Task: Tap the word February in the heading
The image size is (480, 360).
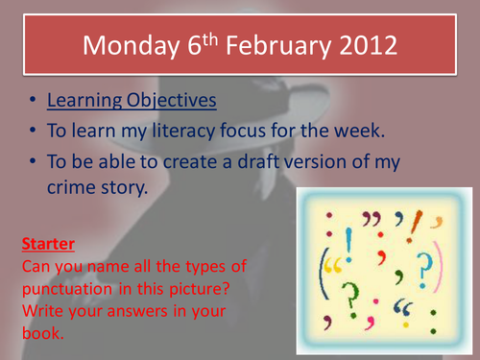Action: tap(279, 46)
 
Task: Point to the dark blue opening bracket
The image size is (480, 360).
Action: tap(322, 274)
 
